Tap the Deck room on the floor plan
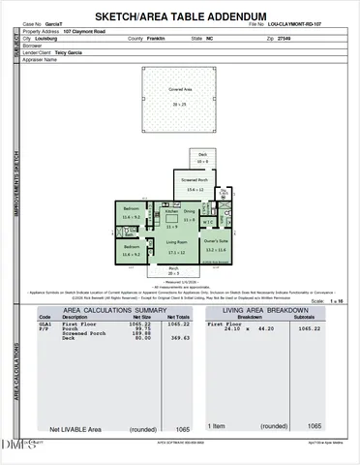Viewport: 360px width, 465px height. pos(203,158)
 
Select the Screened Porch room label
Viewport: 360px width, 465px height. pos(195,184)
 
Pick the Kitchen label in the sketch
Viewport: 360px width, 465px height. pos(171,211)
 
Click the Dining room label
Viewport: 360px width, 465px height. pos(190,211)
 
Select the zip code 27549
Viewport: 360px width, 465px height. pos(256,38)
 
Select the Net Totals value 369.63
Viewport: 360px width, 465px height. pos(178,338)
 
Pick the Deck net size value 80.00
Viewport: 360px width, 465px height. pos(143,338)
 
